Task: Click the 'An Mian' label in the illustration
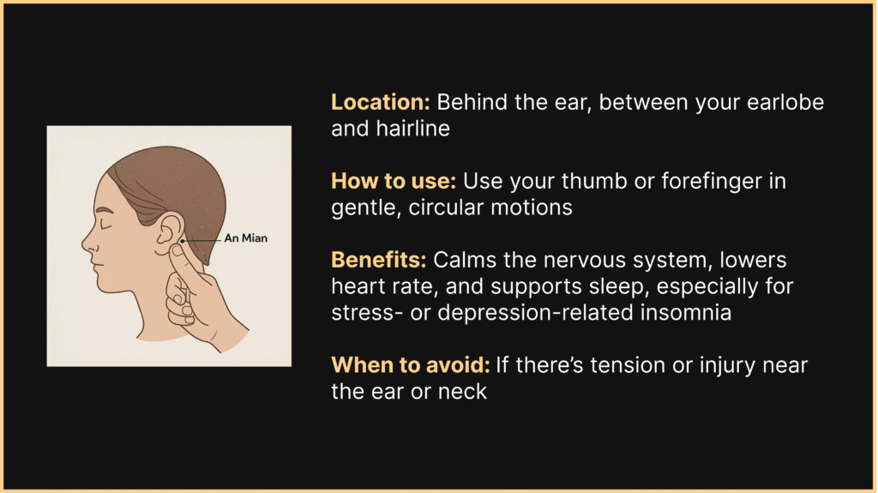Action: pos(245,238)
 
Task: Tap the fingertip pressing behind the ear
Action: pos(178,252)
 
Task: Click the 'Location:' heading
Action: pos(381,102)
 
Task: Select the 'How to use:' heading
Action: pos(394,182)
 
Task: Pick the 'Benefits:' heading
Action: pos(380,260)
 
